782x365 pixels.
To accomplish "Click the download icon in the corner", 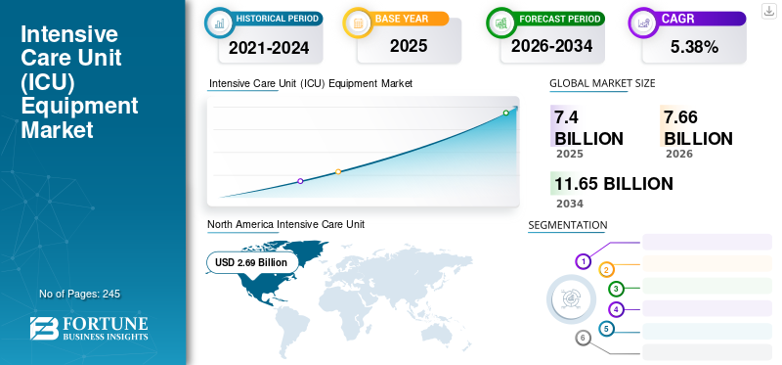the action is click(x=768, y=11).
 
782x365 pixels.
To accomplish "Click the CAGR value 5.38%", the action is click(x=694, y=47).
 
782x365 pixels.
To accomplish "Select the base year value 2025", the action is click(x=409, y=46).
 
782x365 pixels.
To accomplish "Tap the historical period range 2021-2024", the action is click(x=269, y=48).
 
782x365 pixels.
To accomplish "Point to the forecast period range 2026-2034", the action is click(x=551, y=46).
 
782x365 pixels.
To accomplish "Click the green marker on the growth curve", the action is click(x=505, y=113).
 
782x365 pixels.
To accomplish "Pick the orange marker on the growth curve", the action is click(x=338, y=172).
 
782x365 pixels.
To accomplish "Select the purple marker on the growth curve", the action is click(x=300, y=181).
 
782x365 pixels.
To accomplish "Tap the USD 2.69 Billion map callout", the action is click(x=251, y=262).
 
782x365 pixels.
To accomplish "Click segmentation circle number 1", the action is click(x=583, y=261).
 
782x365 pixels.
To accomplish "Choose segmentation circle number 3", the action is click(x=616, y=289).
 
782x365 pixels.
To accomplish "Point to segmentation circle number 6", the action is click(x=583, y=339).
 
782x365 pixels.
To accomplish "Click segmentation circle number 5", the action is click(x=606, y=329).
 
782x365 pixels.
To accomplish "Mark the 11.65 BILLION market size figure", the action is click(x=614, y=184).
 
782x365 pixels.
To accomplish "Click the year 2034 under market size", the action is click(x=570, y=204).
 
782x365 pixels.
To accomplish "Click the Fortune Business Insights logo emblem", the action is click(x=44, y=329).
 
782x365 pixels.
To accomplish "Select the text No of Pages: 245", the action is click(x=80, y=294).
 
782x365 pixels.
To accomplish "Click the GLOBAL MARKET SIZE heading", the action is click(x=602, y=83).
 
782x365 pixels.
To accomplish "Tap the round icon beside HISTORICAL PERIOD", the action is click(x=219, y=23).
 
